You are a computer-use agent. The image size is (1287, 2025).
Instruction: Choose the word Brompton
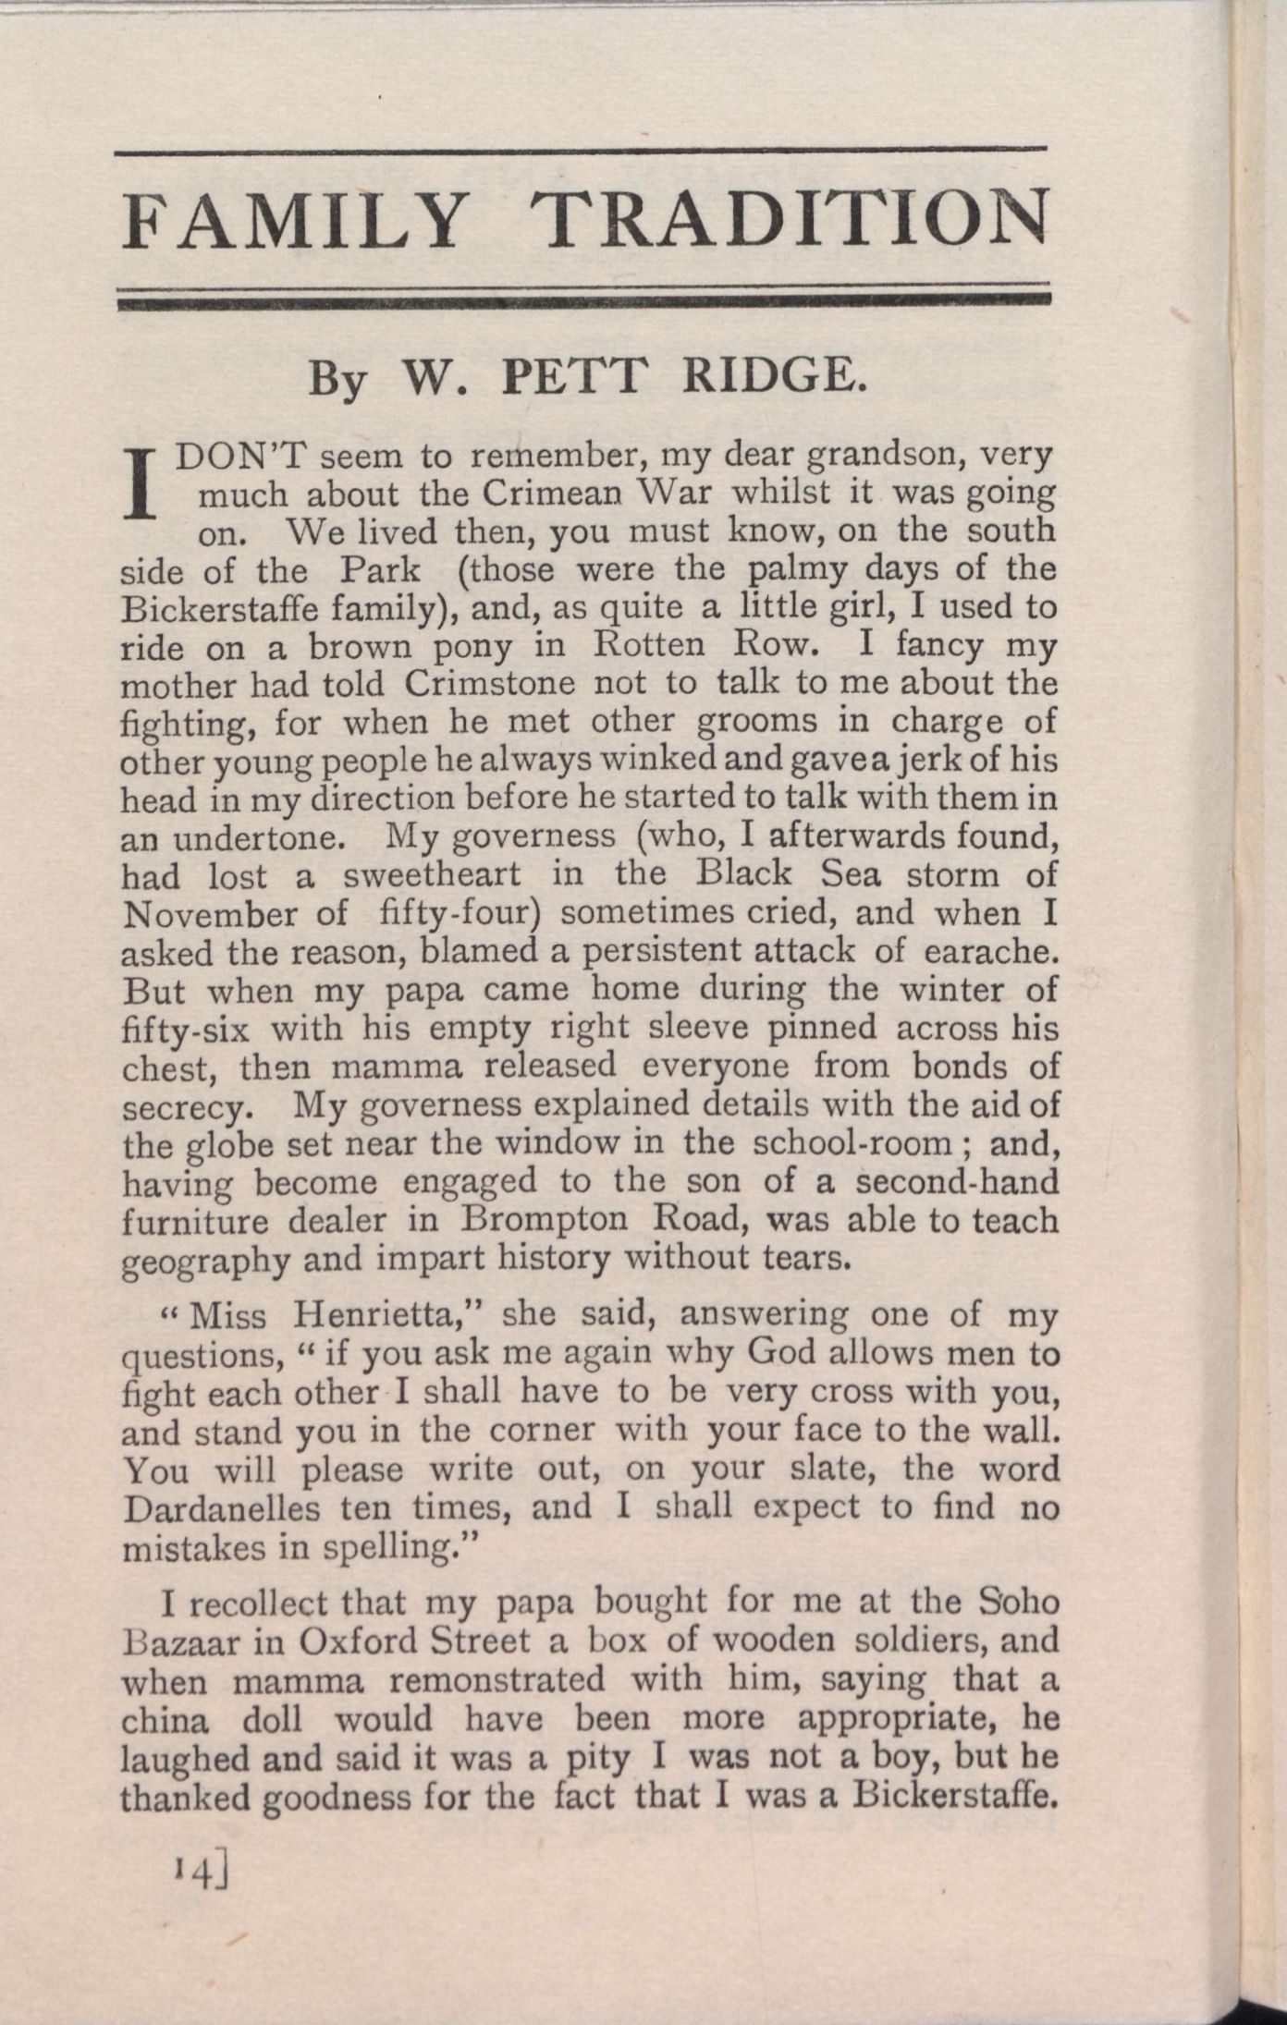[x=543, y=1220]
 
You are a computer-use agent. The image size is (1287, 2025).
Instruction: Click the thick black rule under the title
[x=586, y=299]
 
